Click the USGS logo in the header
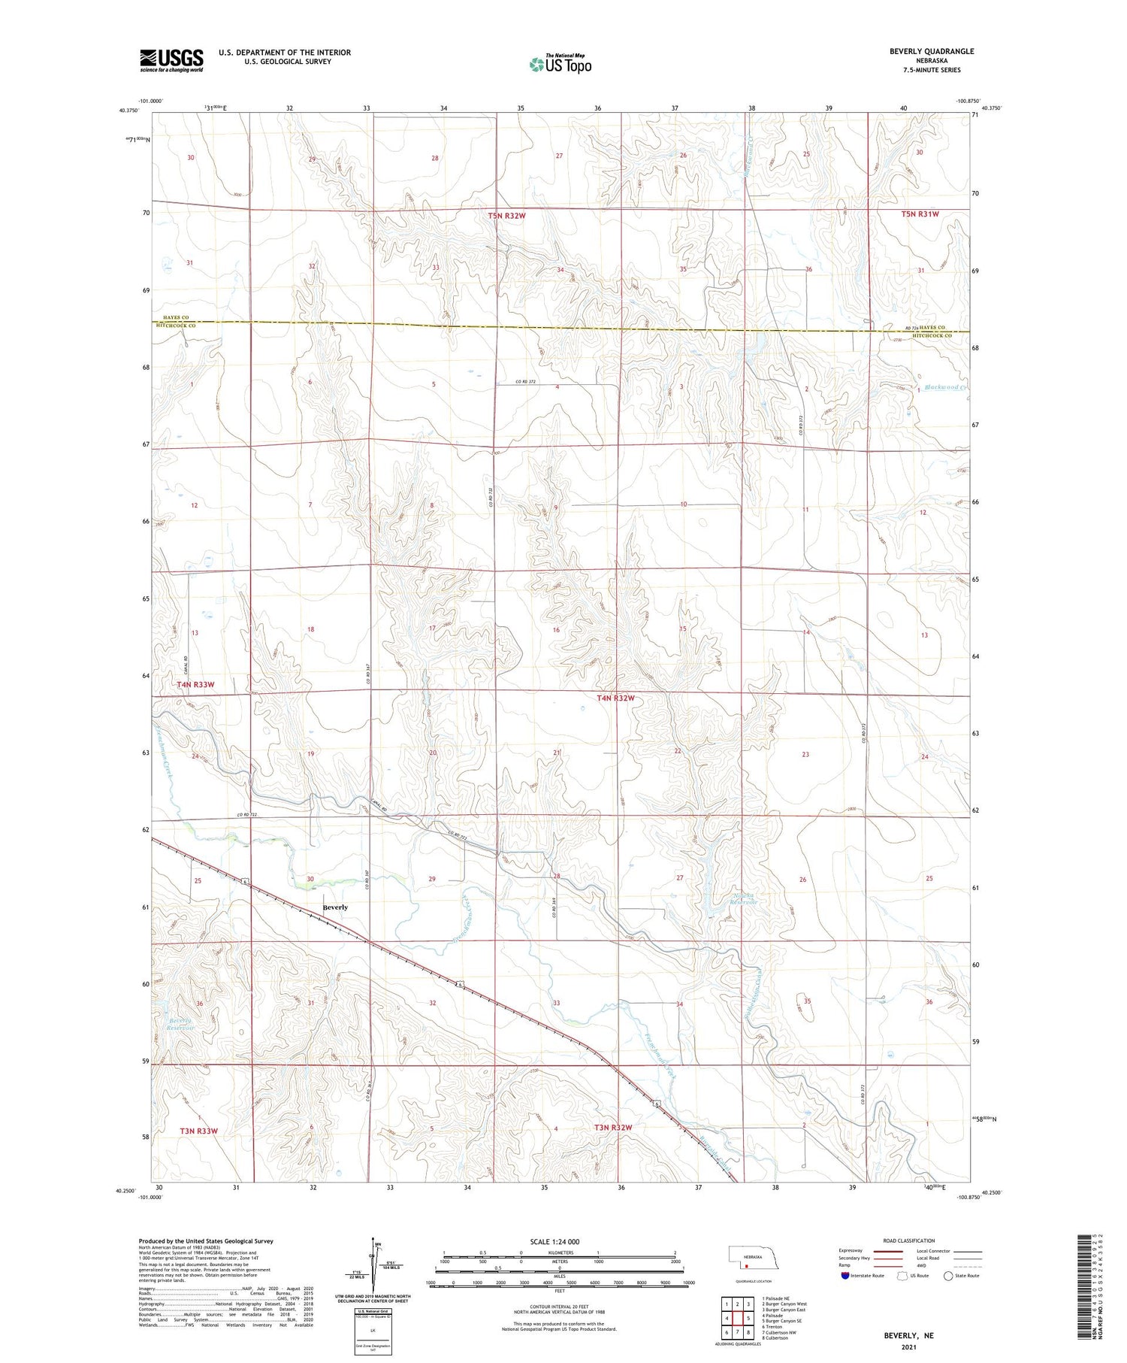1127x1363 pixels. [x=171, y=60]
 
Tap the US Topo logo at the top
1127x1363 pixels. [x=560, y=65]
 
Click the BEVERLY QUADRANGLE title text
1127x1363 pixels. [x=932, y=51]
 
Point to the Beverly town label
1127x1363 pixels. [x=335, y=907]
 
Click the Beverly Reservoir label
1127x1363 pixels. [x=180, y=1024]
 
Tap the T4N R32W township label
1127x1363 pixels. [x=615, y=698]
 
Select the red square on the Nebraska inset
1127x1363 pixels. [x=747, y=1265]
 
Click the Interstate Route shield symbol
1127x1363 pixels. [x=845, y=1276]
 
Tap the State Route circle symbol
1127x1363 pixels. [x=949, y=1276]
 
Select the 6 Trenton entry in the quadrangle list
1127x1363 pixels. [x=775, y=1327]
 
